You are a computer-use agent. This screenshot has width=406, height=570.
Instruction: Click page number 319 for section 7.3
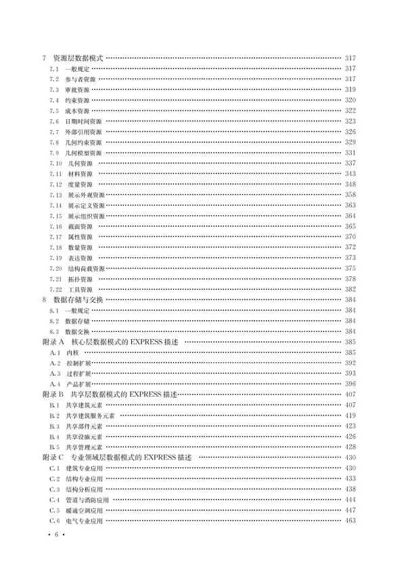click(350, 89)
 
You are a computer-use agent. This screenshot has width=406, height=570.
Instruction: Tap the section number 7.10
click(55, 163)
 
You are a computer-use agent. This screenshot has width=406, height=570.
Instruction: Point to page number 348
click(350, 184)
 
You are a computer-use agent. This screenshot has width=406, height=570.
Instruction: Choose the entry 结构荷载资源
click(86, 269)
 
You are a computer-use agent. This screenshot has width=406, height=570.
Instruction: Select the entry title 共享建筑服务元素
click(91, 416)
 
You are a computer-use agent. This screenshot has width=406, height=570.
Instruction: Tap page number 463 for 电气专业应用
click(350, 521)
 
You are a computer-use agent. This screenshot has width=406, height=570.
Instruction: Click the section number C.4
click(55, 500)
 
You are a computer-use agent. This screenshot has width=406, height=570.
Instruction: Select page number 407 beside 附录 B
click(350, 394)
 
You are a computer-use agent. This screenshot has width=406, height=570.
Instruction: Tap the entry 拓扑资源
click(80, 279)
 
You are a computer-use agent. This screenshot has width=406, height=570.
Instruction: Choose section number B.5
click(55, 447)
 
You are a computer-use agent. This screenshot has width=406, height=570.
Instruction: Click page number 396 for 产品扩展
click(350, 384)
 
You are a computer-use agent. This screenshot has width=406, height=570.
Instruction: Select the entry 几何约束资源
click(84, 142)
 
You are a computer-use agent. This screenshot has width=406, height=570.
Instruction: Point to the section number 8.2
click(55, 321)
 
